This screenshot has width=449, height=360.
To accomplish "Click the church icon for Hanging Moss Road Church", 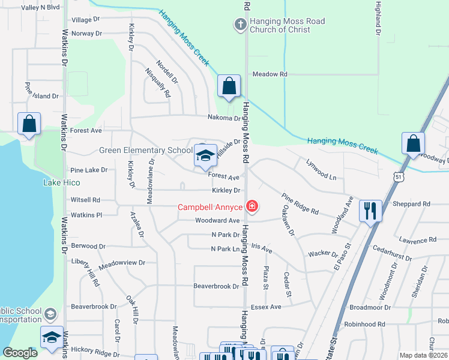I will pos(240,25).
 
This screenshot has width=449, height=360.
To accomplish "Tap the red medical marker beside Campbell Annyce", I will pos(252,208).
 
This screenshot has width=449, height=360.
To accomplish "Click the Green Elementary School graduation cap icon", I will pos(205,155).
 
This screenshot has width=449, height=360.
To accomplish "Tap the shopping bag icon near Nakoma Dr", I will pos(229,86).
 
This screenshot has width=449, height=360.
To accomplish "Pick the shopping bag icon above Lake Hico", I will pos(29,124).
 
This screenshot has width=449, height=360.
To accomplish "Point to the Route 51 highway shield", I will pos(399,176).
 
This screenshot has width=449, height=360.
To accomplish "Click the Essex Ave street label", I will pos(266,307).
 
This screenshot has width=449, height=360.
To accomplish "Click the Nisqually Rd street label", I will pos(158,83).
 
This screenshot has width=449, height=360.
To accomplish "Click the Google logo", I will pos(20,353).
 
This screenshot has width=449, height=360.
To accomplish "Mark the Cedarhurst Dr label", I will pos(392,253).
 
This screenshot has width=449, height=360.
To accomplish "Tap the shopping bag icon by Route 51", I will pos(413,143).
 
